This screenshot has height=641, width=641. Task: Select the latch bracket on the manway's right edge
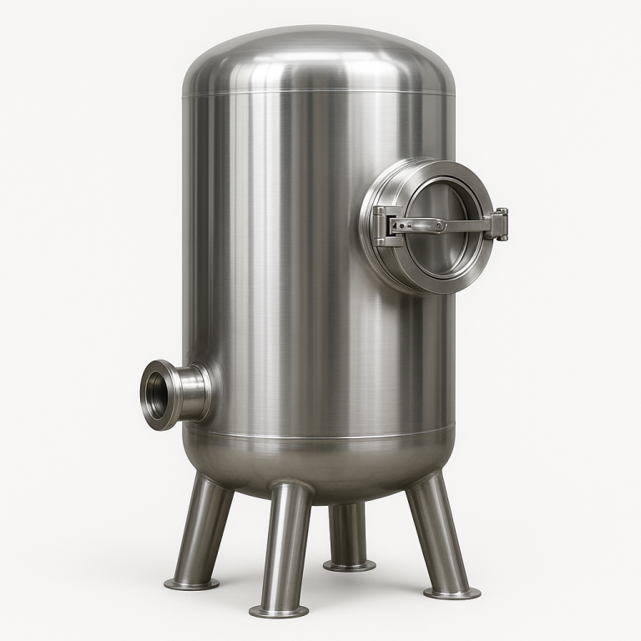(500, 224)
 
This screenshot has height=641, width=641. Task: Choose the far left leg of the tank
(204, 526)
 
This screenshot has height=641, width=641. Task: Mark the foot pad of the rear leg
(349, 566)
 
